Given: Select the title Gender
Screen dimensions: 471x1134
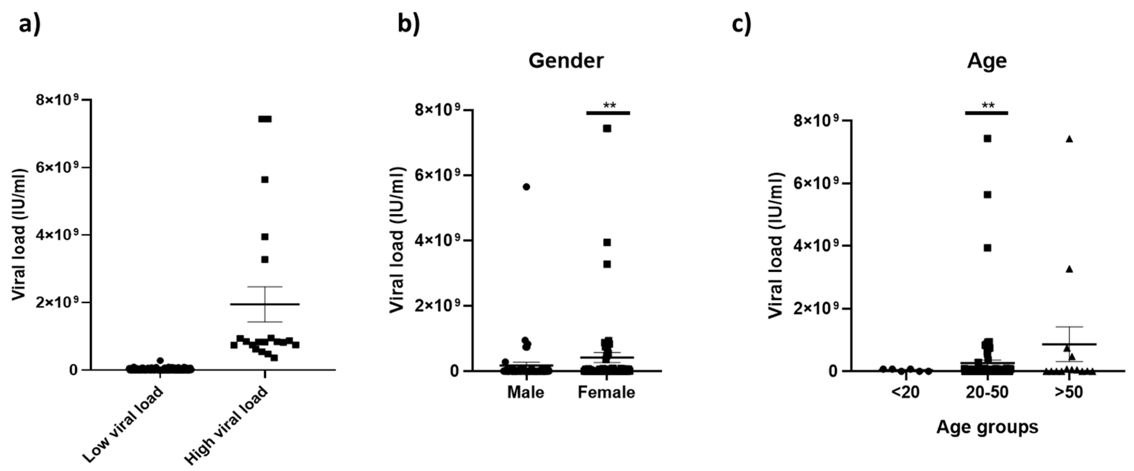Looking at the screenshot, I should (566, 61).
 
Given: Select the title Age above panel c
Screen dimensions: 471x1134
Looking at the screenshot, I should (987, 61).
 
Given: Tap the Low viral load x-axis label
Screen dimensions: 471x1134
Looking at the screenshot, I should (123, 425).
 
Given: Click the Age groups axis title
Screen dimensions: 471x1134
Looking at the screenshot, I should (987, 427).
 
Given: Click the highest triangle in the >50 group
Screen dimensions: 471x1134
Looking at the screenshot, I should (1069, 139).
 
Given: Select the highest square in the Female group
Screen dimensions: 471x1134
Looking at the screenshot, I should (607, 128).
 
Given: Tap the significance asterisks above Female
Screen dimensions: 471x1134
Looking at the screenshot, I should (609, 105).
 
